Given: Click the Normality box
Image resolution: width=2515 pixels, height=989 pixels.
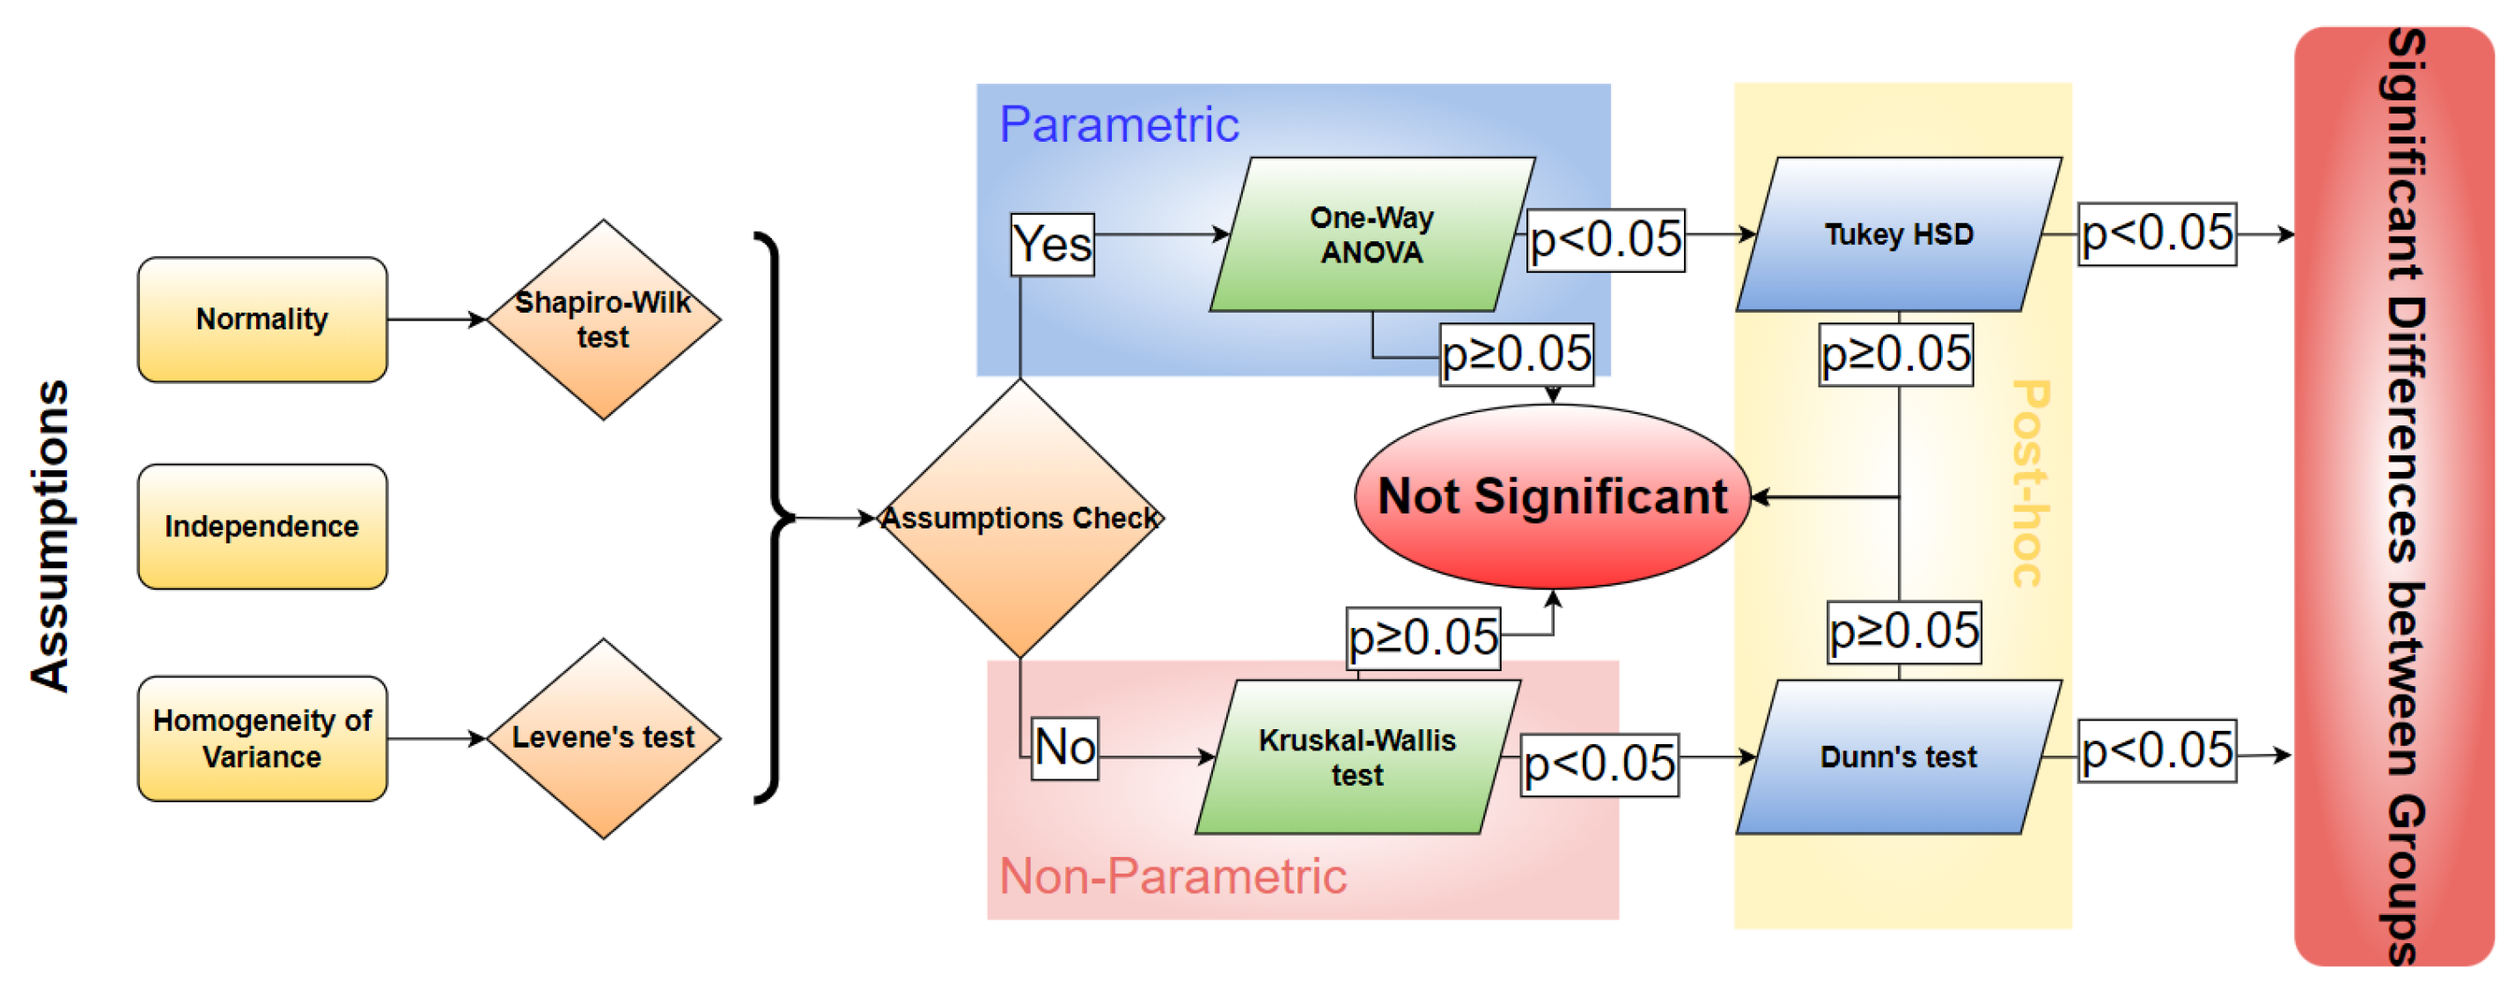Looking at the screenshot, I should pos(261,320).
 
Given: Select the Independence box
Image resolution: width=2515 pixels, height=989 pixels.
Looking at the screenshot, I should pos(261,527).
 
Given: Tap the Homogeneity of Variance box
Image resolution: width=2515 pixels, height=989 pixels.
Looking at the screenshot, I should pos(261,738).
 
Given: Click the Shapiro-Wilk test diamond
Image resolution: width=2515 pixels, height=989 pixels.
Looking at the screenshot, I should pos(603,320).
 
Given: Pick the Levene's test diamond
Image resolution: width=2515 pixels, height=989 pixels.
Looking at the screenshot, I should pos(603,738).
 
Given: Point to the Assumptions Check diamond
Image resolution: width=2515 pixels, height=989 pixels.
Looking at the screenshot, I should pos(1020,518).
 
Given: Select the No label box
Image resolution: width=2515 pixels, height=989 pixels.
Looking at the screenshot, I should pos(1065,748).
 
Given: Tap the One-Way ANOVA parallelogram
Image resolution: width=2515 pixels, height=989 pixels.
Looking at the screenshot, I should pos(1371,234).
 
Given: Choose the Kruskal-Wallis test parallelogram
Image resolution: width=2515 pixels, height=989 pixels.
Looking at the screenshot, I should pos(1357,757).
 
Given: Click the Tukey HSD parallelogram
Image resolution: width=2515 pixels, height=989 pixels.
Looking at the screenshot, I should pos(1899,234).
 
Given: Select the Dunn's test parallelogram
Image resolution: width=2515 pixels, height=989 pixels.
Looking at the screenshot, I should pos(1899,757).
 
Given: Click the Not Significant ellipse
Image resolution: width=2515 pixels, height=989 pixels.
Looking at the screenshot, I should pos(1552,496).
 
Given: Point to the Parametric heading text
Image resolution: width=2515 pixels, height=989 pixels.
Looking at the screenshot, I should pos(1119,125).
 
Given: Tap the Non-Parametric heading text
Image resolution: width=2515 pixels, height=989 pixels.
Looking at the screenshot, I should pos(1173,875).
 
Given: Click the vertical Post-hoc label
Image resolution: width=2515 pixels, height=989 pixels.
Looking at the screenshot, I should pos(2032,483).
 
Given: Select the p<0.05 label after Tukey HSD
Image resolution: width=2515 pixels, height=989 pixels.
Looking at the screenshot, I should pos(2157,233).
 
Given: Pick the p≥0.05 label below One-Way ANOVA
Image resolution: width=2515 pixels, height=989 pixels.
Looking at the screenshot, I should pos(1516,353).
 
